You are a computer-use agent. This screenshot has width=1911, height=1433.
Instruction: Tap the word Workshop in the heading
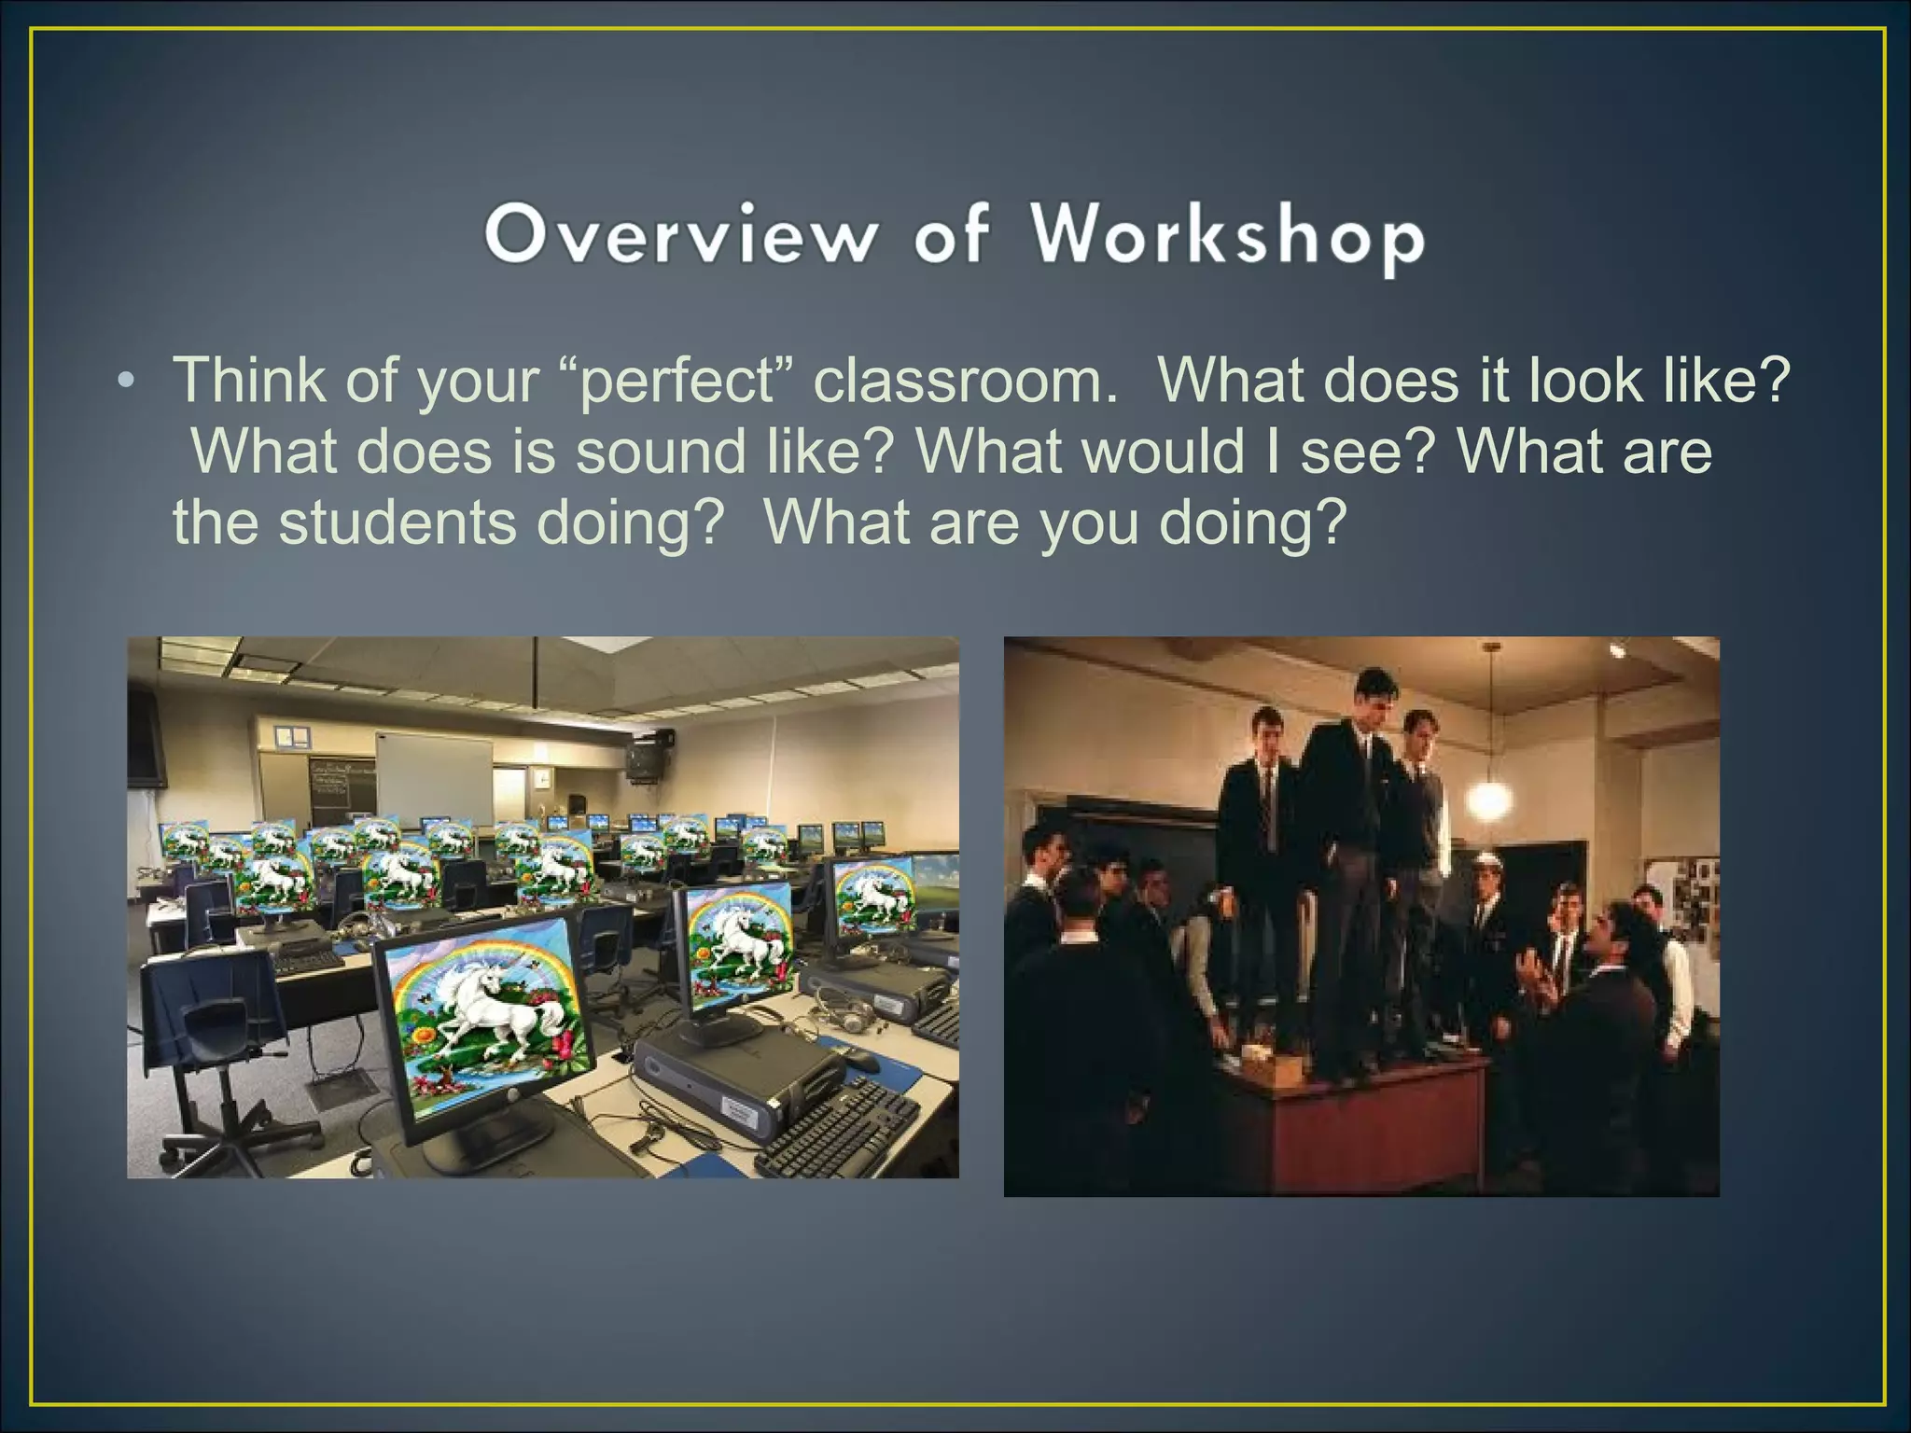tap(1228, 236)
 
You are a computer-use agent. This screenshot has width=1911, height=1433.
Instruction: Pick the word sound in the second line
tap(661, 452)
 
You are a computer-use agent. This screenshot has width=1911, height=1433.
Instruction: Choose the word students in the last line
tap(398, 522)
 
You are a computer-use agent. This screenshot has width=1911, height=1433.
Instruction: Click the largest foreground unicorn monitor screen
tap(484, 1016)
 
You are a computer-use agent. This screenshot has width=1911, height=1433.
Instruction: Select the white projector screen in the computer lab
tap(434, 776)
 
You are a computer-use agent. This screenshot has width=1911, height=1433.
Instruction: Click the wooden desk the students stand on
tap(1353, 1110)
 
